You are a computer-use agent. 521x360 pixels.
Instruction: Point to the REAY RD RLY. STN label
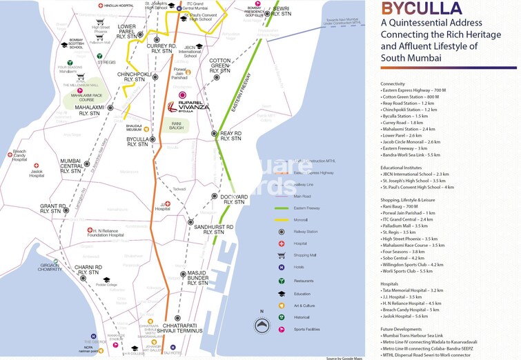point(230,135)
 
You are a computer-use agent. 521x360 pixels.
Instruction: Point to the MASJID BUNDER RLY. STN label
point(197,278)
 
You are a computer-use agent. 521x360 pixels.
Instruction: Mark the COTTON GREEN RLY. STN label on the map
point(219,66)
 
